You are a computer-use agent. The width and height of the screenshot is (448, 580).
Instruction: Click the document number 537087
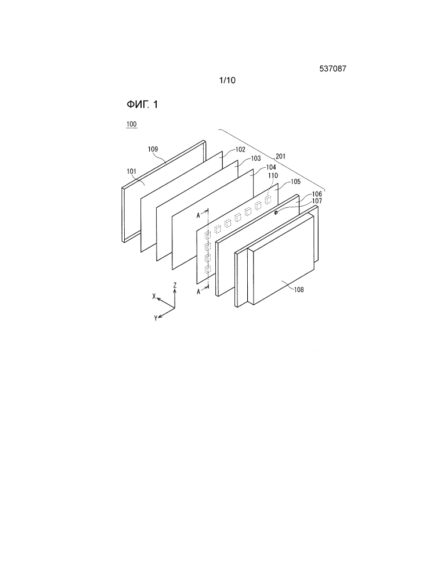pyautogui.click(x=333, y=69)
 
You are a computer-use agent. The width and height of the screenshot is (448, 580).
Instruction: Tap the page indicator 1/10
pyautogui.click(x=227, y=80)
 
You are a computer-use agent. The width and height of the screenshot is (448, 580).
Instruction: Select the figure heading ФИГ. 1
pyautogui.click(x=142, y=105)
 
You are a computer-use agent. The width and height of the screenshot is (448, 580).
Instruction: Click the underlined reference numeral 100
pyautogui.click(x=132, y=124)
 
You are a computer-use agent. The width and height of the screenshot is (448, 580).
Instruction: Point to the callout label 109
pyautogui.click(x=153, y=149)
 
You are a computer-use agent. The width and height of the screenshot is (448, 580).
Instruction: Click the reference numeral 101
pyautogui.click(x=131, y=171)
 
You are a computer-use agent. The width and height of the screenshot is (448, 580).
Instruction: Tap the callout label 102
pyautogui.click(x=240, y=150)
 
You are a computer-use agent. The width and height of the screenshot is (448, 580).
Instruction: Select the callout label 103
pyautogui.click(x=256, y=158)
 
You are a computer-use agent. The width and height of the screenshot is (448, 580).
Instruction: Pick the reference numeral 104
pyautogui.click(x=271, y=167)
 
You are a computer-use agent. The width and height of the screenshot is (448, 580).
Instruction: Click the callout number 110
pyautogui.click(x=273, y=175)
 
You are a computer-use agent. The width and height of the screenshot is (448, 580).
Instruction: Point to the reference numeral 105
pyautogui.click(x=296, y=182)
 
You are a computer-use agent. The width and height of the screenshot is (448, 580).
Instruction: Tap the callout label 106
pyautogui.click(x=317, y=194)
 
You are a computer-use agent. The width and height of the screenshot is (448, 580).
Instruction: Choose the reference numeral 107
pyautogui.click(x=317, y=201)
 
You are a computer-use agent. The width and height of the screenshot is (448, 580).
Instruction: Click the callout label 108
pyautogui.click(x=299, y=290)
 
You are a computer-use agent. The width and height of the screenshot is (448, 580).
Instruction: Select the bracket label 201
pyautogui.click(x=280, y=157)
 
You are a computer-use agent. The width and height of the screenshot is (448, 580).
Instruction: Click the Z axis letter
pyautogui.click(x=175, y=285)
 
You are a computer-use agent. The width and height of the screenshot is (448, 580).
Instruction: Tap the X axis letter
pyautogui.click(x=154, y=296)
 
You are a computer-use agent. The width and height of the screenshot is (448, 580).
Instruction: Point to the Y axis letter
pyautogui.click(x=156, y=318)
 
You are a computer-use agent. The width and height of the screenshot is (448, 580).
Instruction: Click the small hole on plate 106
pyautogui.click(x=276, y=212)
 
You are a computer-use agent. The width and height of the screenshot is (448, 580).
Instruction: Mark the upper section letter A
pyautogui.click(x=198, y=215)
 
